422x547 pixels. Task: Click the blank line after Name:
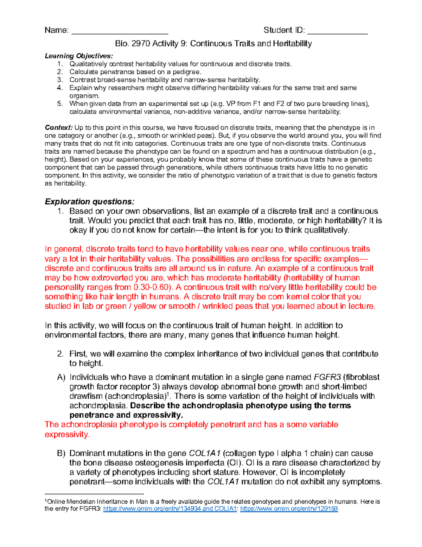click(x=120, y=32)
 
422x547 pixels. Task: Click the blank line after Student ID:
click(x=337, y=32)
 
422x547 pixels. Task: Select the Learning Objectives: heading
click(x=79, y=56)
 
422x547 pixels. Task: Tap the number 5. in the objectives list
click(x=60, y=104)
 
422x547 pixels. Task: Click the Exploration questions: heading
click(x=89, y=202)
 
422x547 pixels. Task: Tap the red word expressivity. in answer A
click(x=67, y=435)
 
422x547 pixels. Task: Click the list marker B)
click(x=61, y=453)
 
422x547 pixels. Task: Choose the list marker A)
click(x=61, y=377)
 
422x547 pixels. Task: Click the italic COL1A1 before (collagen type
click(x=205, y=453)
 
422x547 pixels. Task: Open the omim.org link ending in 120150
click(x=289, y=509)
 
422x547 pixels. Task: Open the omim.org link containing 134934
click(x=170, y=509)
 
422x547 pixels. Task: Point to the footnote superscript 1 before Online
click(x=46, y=501)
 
